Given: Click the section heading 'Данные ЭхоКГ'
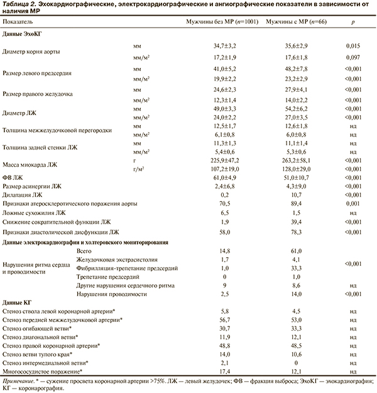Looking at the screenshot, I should (x=23, y=34).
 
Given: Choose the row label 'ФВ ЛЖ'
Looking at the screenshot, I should (x=14, y=178).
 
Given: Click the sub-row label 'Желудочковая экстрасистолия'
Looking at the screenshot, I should (x=112, y=258).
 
